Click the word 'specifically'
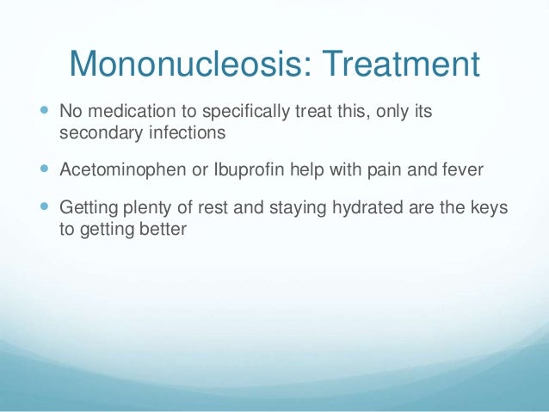227,113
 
